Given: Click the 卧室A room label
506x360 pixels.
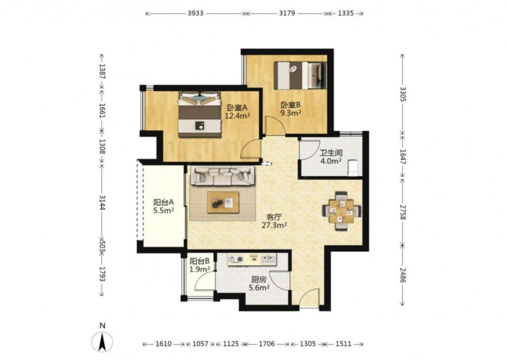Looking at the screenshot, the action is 237,107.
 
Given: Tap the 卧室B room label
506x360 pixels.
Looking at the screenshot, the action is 291,105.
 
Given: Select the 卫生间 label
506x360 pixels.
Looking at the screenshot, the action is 331,153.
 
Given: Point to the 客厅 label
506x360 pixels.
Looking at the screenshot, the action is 274,217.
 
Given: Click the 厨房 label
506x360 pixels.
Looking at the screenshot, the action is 259,279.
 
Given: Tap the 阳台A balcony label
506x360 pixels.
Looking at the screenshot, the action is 163,203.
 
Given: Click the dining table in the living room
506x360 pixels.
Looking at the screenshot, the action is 342,212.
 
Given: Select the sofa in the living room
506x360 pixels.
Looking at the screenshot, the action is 223,176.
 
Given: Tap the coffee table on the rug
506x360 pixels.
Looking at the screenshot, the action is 223,203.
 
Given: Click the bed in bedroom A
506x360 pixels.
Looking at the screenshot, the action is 200,114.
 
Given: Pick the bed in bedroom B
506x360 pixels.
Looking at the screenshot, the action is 300,75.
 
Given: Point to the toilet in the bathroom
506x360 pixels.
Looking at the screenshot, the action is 352,167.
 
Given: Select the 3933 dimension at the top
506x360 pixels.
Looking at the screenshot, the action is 195,13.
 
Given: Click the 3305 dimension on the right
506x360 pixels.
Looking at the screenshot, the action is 402,94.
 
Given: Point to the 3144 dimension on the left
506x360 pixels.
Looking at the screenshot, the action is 102,203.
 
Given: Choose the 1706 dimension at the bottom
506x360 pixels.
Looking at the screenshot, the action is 267,344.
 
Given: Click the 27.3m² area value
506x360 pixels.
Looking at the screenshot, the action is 274,225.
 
